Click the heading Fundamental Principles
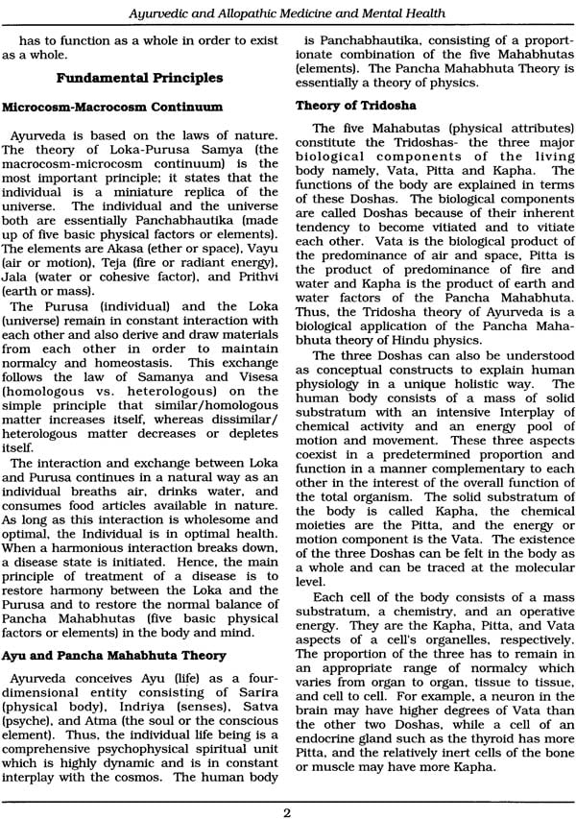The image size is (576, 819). [140, 78]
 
